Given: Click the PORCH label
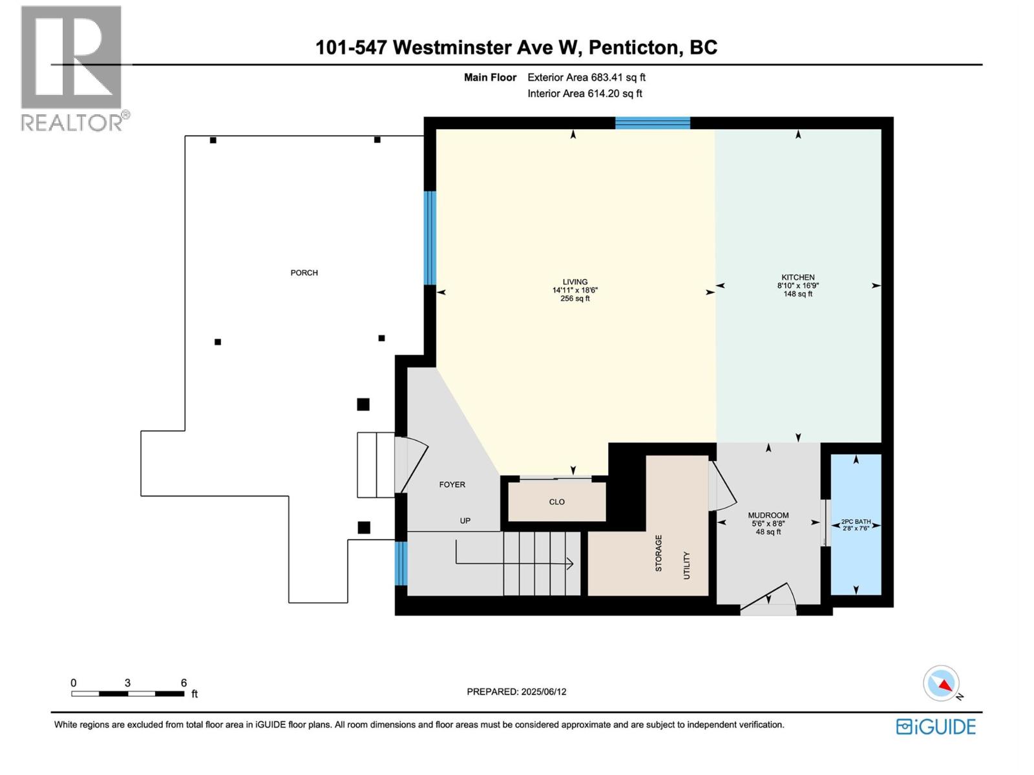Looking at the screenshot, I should (x=304, y=273).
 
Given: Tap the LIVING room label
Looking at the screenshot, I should (x=575, y=282).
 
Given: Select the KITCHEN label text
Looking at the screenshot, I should (x=797, y=277).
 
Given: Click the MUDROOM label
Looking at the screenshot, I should (x=768, y=515).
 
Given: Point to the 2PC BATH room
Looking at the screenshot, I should (x=856, y=524).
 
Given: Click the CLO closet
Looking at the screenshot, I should (x=556, y=502).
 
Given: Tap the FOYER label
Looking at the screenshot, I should (x=452, y=484).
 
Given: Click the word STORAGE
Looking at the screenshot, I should (x=659, y=553).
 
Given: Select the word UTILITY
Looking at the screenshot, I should (x=686, y=565).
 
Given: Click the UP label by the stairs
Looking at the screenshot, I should (x=465, y=521).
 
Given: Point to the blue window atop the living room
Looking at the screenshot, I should (x=652, y=123).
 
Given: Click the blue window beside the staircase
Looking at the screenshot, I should (x=401, y=563).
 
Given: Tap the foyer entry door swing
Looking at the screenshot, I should (x=412, y=464).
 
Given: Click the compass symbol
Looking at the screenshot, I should (x=942, y=683).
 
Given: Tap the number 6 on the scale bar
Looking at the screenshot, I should (x=184, y=683).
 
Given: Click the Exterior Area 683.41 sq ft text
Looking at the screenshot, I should (x=586, y=77).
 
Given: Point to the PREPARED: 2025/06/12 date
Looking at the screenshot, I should (x=516, y=692).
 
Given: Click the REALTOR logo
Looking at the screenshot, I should (x=72, y=68).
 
